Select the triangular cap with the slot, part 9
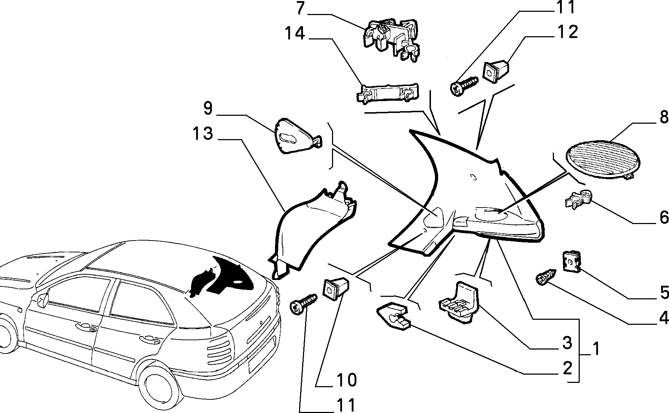pos(298,136)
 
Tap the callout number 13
pos(203,134)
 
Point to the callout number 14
pos(295,33)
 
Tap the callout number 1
pos(596,348)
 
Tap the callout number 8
pos(663,117)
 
